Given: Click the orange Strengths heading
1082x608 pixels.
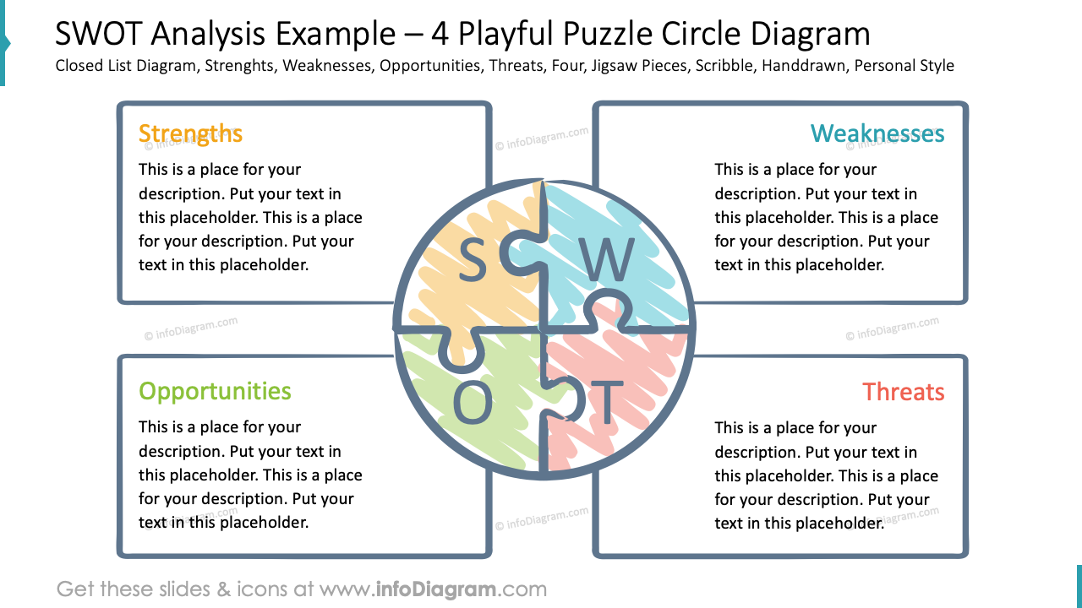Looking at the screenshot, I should click(190, 133).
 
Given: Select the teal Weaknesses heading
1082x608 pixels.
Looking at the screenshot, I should click(877, 133).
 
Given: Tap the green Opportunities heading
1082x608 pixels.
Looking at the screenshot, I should click(215, 391).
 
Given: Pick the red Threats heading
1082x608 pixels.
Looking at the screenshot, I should click(904, 392).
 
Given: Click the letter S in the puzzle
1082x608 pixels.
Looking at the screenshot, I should click(473, 260).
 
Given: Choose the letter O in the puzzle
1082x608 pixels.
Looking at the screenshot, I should click(473, 404).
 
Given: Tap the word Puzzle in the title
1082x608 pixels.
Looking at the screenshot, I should click(607, 34).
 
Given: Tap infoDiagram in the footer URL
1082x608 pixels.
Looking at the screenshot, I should click(435, 589).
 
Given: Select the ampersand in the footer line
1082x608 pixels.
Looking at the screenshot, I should click(224, 589).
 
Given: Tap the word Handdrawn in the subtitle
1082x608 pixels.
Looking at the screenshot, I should click(803, 66).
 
